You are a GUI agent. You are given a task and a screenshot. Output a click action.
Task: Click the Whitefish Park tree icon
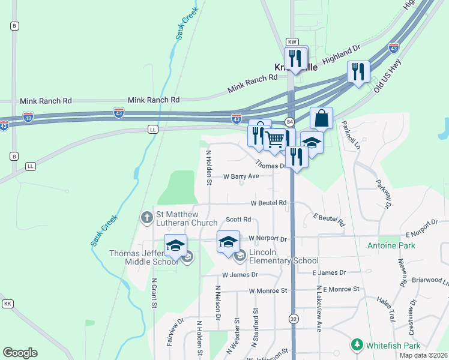(357, 345)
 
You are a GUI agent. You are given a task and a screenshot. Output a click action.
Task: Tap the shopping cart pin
(275, 140)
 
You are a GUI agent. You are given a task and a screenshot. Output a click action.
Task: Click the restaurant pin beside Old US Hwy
(358, 73)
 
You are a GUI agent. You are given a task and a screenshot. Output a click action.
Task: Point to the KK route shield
(8, 304)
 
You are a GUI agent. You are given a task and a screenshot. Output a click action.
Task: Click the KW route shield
(292, 42)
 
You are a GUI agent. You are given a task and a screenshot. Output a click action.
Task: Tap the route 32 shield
(293, 317)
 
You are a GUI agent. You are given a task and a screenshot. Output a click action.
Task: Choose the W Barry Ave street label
(241, 176)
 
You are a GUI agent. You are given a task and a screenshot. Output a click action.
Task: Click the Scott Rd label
(238, 220)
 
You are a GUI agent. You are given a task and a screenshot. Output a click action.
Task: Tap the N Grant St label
(154, 293)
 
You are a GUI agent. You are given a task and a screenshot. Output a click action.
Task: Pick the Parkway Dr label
(384, 193)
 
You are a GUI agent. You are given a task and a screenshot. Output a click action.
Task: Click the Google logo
(20, 353)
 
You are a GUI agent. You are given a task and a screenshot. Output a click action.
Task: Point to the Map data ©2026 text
(423, 355)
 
